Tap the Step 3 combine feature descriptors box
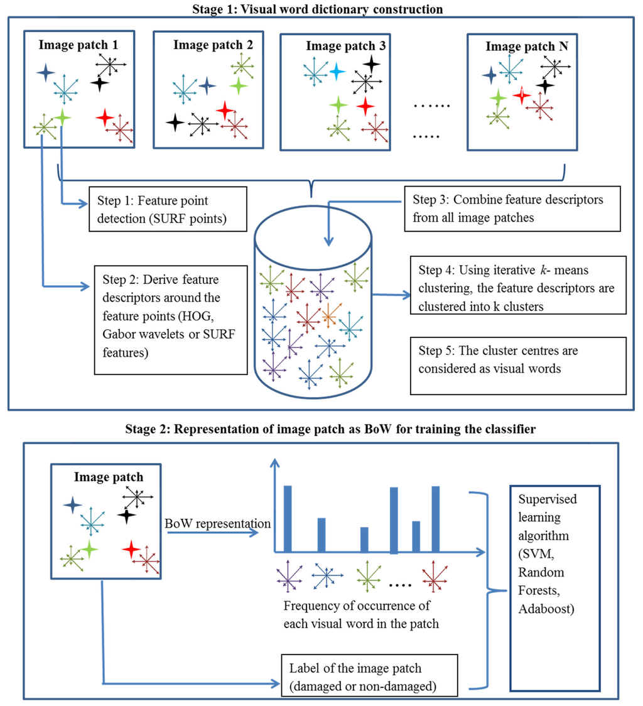pyautogui.click(x=512, y=208)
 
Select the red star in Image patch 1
pyautogui.click(x=105, y=117)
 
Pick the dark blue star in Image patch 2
pyautogui.click(x=207, y=85)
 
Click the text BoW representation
pyautogui.click(x=217, y=523)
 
